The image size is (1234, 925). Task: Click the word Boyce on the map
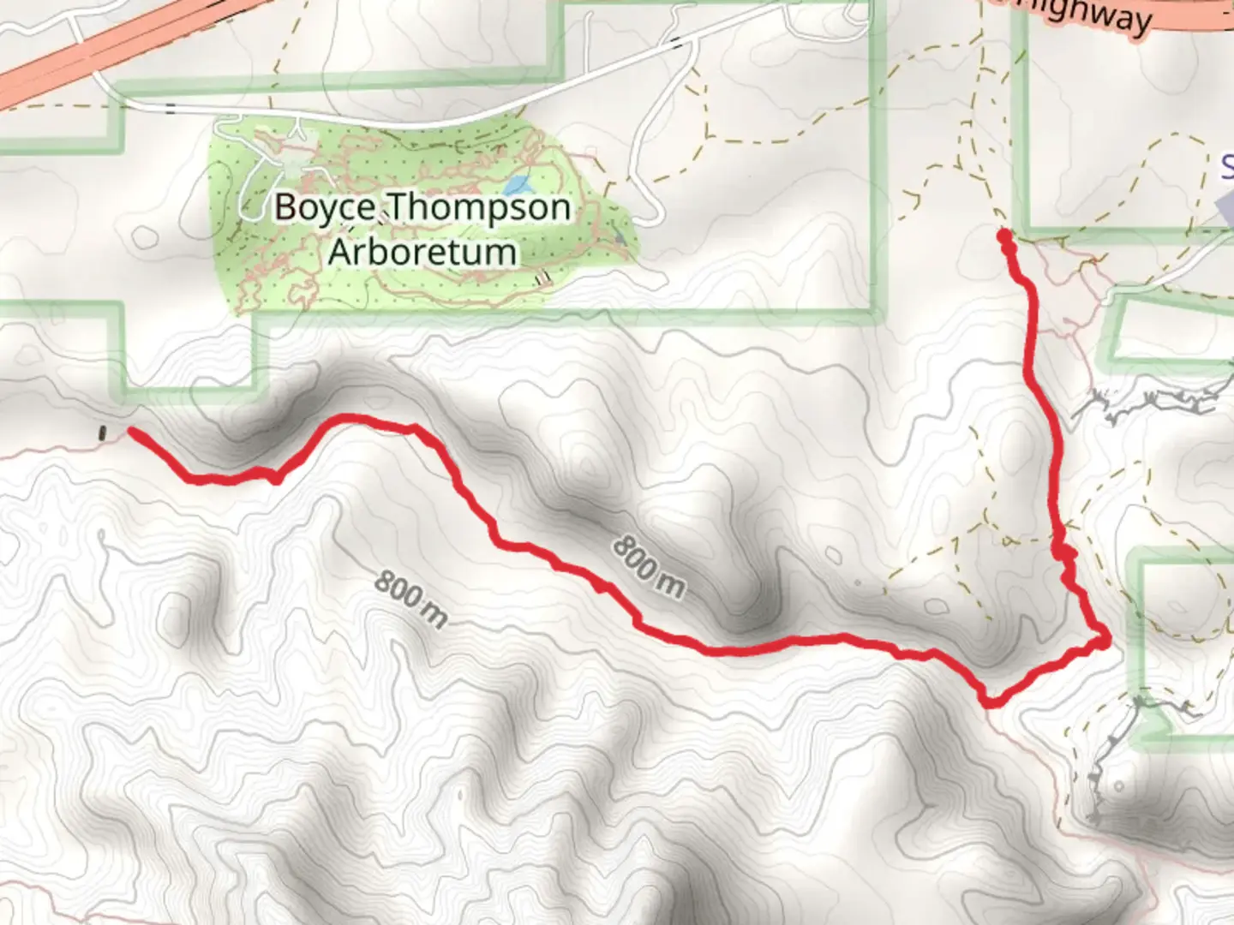point(325,208)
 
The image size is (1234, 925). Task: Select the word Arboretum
point(422,252)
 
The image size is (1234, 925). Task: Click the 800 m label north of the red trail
point(649,566)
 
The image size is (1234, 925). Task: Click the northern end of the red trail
point(1003,235)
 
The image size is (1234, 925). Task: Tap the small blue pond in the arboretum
point(516,184)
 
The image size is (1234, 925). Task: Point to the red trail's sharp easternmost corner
point(1105,639)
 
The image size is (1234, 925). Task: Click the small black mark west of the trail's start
point(104,433)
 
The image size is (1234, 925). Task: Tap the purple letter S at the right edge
point(1227,165)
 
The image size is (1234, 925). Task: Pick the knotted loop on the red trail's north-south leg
point(1064,554)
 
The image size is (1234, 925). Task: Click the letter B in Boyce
point(286,208)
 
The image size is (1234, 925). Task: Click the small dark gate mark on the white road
point(171,108)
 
